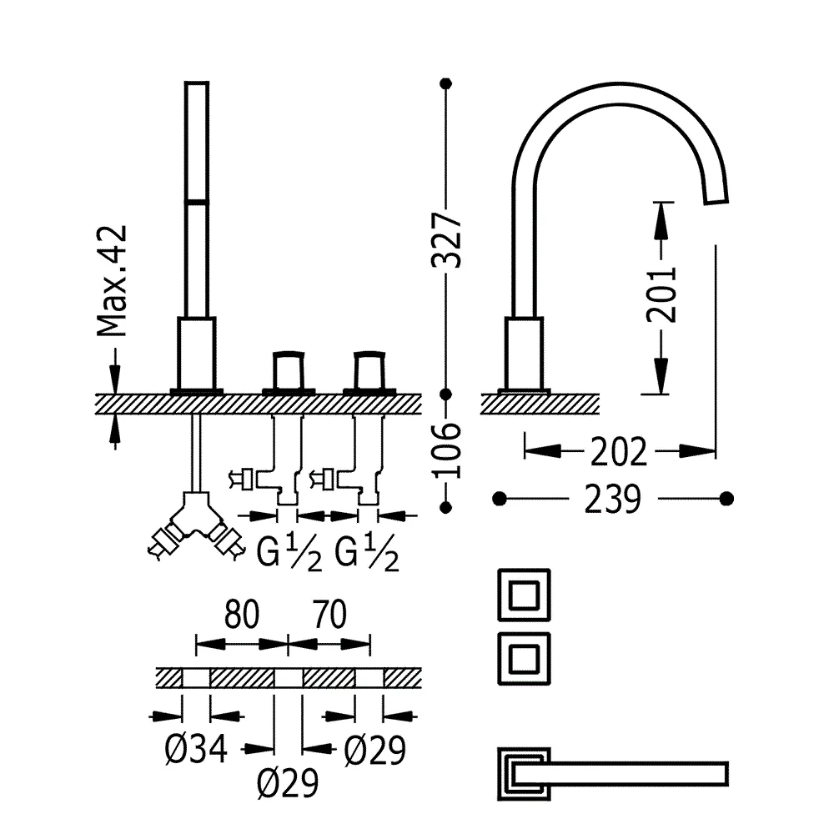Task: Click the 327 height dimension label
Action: pyautogui.click(x=446, y=239)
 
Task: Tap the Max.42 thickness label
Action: pyautogui.click(x=111, y=280)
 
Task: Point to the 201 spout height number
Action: pyautogui.click(x=661, y=295)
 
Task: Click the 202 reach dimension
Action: pyautogui.click(x=618, y=452)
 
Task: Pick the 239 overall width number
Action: pyautogui.click(x=613, y=500)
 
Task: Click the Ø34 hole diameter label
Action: pyautogui.click(x=196, y=751)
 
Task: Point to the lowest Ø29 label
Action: pyautogui.click(x=288, y=783)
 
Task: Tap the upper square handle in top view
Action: pyautogui.click(x=523, y=595)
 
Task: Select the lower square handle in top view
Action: pyautogui.click(x=523, y=657)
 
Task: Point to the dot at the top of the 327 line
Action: pyautogui.click(x=446, y=83)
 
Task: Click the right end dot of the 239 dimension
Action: pyautogui.click(x=727, y=499)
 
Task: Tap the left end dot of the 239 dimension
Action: pyautogui.click(x=500, y=499)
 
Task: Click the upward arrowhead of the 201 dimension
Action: pyautogui.click(x=661, y=214)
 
